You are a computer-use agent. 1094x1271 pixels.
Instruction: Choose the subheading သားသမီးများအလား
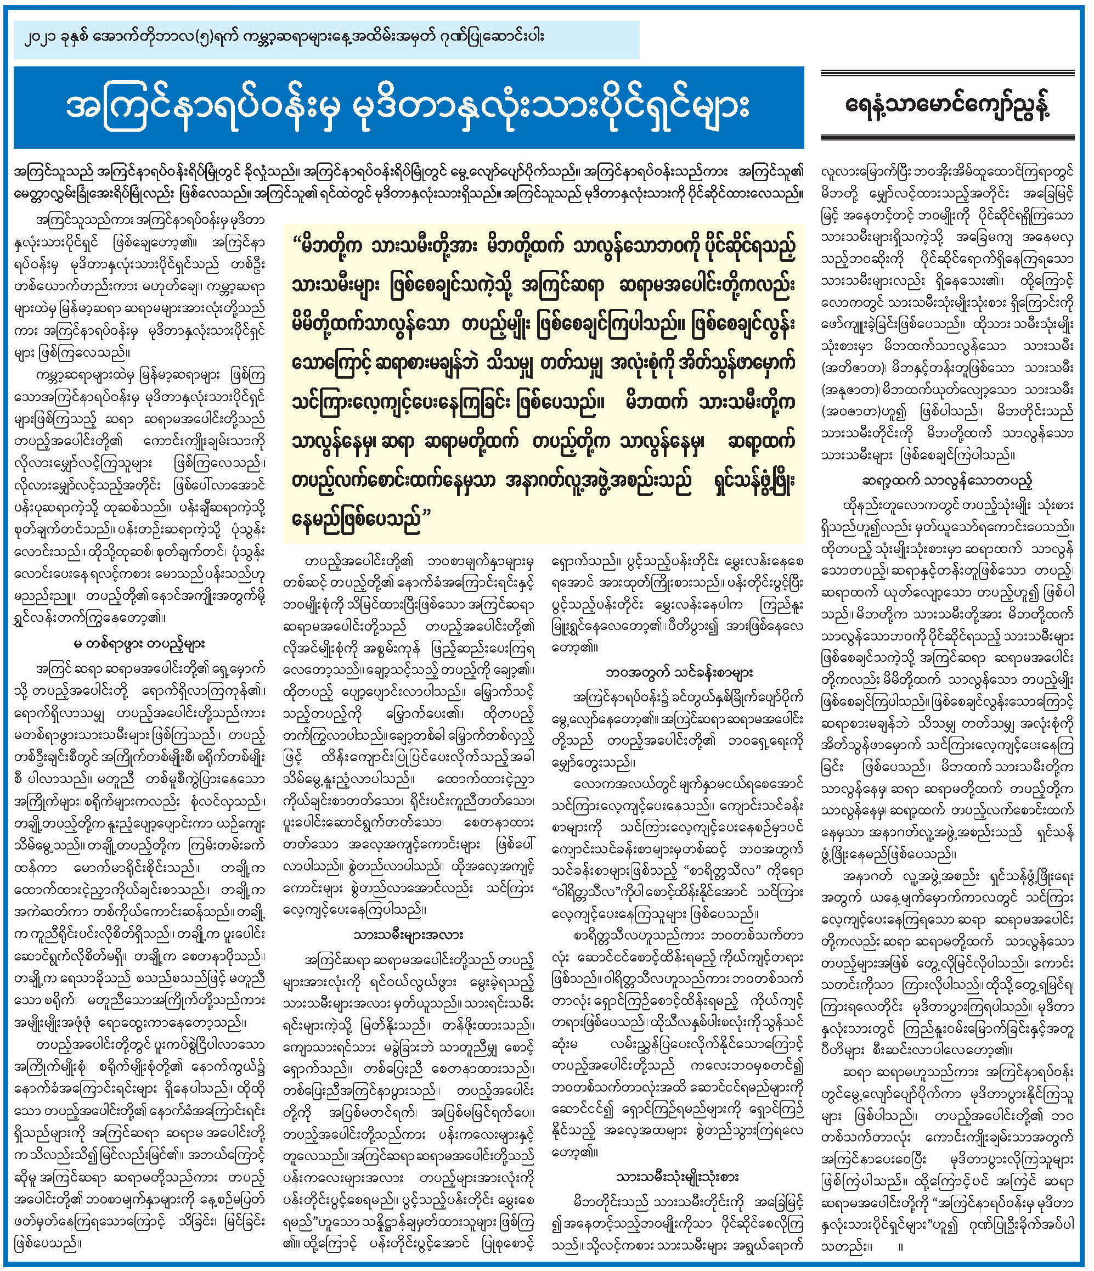click(408, 936)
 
